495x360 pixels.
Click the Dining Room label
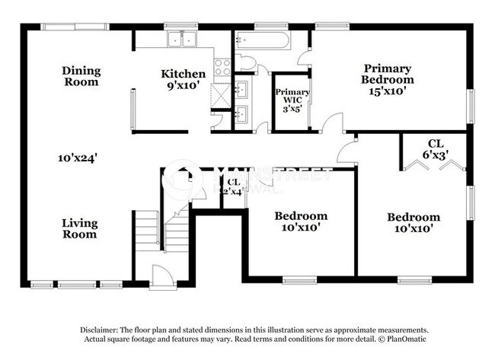[81, 76]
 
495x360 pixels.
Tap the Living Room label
[79, 228]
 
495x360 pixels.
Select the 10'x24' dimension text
[77, 158]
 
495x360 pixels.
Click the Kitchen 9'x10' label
[183, 80]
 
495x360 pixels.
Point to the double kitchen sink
[182, 39]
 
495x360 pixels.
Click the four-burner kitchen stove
[222, 67]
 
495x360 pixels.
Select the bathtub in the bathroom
[261, 40]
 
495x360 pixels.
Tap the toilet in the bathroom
[247, 62]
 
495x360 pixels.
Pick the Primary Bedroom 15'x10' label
[388, 78]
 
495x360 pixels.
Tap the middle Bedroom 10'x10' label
[301, 221]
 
